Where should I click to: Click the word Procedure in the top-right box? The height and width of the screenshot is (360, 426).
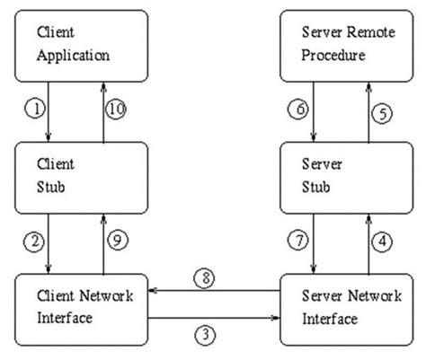(x=334, y=55)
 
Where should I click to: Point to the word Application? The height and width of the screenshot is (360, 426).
(x=74, y=55)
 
